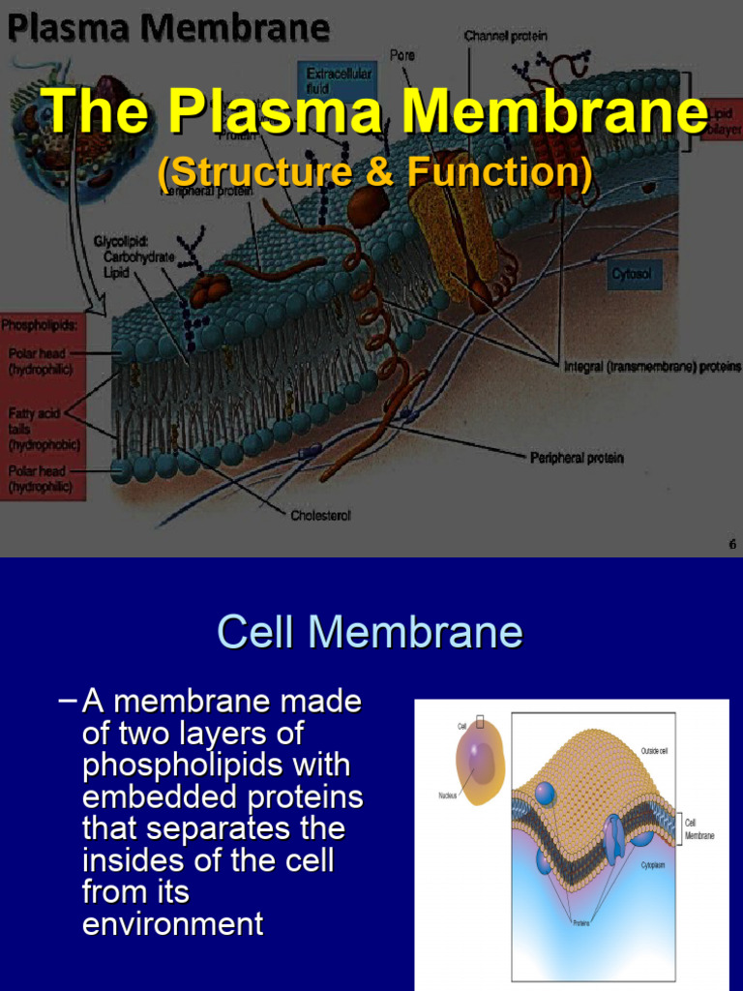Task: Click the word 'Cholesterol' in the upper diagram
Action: click(x=320, y=516)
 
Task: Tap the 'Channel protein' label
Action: click(x=505, y=36)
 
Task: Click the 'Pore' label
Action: click(x=402, y=55)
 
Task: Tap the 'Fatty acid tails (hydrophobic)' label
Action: click(x=44, y=429)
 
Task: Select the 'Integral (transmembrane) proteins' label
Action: click(x=652, y=367)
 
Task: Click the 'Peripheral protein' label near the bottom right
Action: click(x=577, y=457)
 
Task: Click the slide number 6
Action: click(x=732, y=545)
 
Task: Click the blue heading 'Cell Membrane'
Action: click(x=371, y=633)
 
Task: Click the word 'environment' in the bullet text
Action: click(x=173, y=924)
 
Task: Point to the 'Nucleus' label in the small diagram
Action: click(x=448, y=796)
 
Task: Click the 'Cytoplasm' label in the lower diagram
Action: click(x=659, y=866)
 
